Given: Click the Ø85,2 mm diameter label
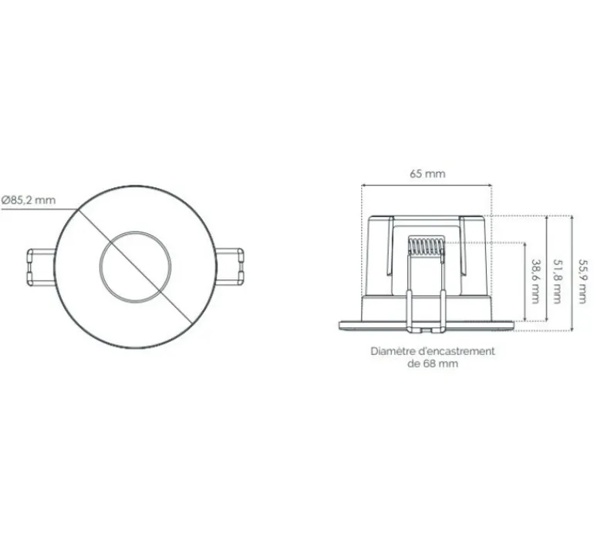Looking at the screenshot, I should click(x=29, y=200).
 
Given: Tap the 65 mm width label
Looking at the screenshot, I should click(x=427, y=173).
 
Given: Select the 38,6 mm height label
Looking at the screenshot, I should click(x=535, y=282).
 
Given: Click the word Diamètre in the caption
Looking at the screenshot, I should click(x=393, y=350).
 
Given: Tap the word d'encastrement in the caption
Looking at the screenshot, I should click(x=455, y=350).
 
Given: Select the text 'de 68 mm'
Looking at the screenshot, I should click(x=432, y=364).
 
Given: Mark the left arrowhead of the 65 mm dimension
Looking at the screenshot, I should click(x=363, y=186).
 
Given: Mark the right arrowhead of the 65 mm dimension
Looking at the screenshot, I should click(x=491, y=186).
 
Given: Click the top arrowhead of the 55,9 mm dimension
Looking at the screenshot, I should click(x=572, y=218).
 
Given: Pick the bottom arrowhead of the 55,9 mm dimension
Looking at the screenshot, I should click(x=572, y=329).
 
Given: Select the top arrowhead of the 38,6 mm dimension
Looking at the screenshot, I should click(x=524, y=244).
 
